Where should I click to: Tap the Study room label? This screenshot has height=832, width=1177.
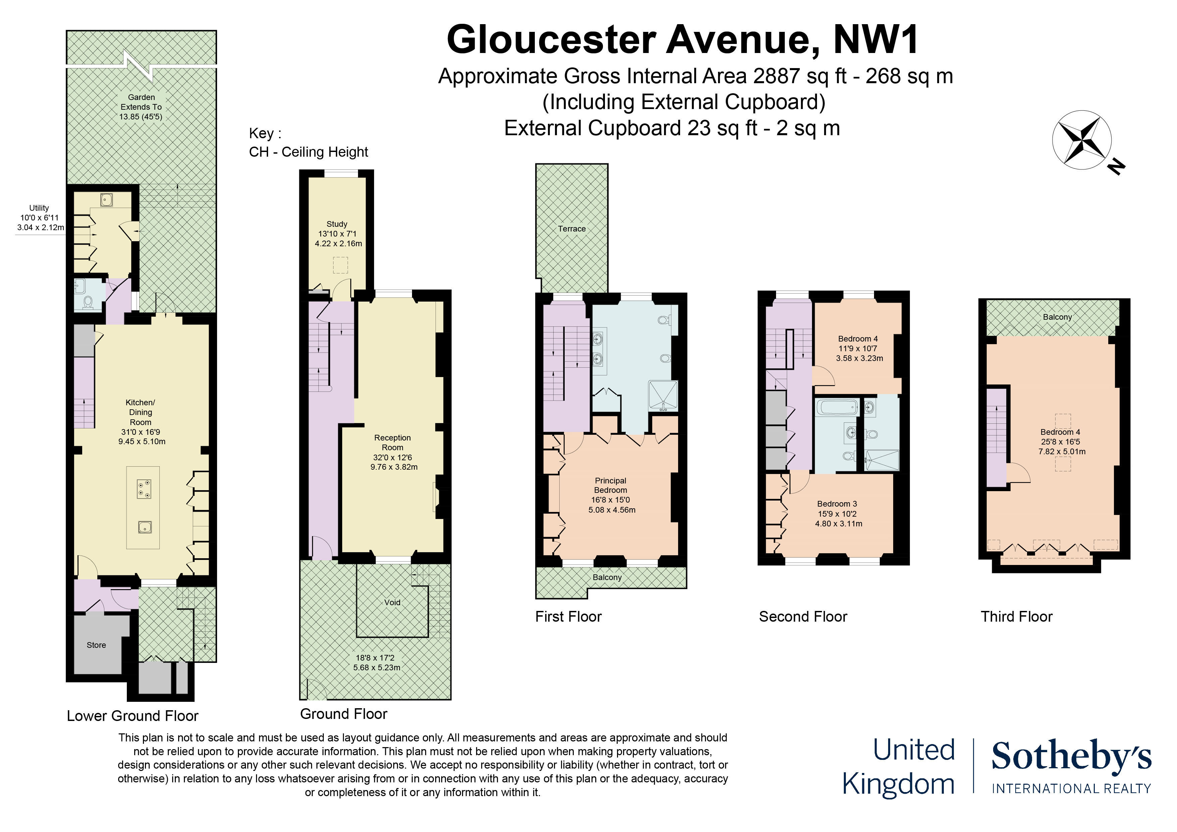coord(337,224)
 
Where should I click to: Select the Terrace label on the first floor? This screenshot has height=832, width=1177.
coord(572,229)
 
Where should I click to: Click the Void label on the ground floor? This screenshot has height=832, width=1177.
coord(392,602)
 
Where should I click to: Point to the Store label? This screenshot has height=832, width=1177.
coord(96,645)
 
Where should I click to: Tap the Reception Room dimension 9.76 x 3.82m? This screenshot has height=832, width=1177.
coord(394,467)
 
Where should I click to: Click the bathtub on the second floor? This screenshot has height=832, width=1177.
coord(836,408)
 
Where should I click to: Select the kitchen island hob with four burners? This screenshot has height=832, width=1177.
coord(144,489)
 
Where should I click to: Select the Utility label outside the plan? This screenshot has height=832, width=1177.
coord(39,208)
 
